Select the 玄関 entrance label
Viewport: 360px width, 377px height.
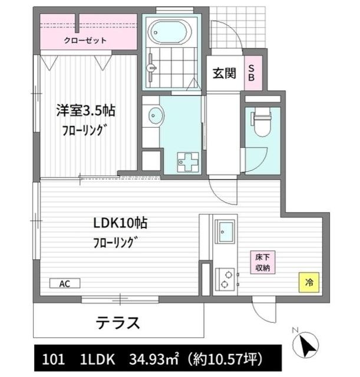click(x=224, y=74)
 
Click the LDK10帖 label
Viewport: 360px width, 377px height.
click(x=120, y=224)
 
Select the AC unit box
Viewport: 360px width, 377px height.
click(x=64, y=283)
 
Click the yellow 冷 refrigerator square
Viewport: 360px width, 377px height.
click(x=309, y=282)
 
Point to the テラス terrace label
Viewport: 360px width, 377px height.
click(x=118, y=322)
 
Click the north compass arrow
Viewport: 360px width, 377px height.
click(x=308, y=343)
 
